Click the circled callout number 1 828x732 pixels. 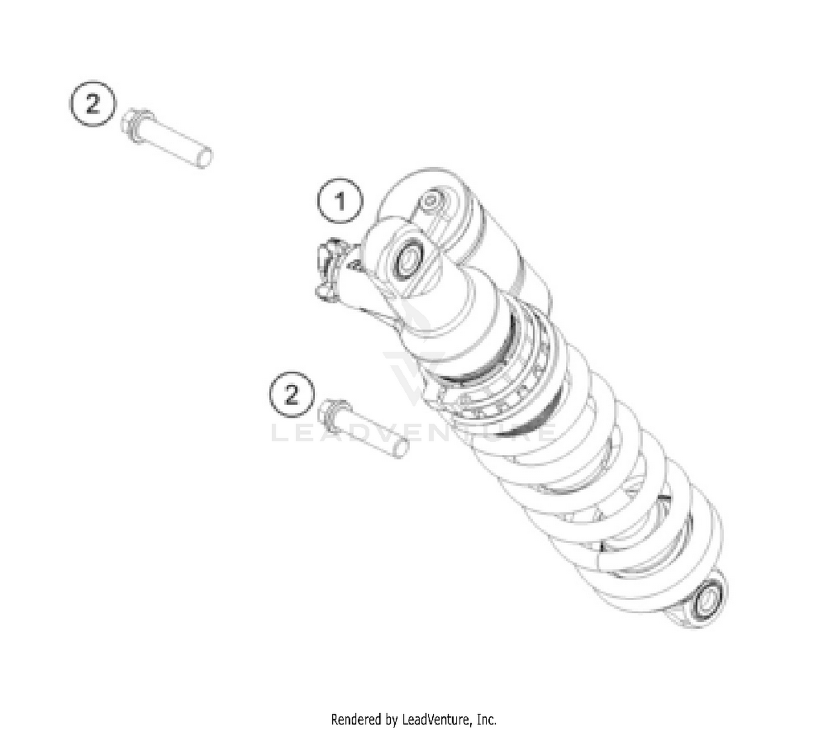(x=340, y=201)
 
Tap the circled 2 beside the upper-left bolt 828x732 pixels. (x=93, y=103)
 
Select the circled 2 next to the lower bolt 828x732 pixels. (x=291, y=394)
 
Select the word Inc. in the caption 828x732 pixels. (x=487, y=720)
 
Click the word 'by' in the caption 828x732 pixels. (x=391, y=720)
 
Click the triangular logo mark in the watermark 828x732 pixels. (x=414, y=370)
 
